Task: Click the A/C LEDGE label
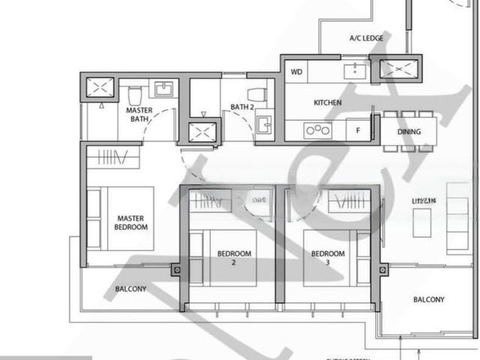click(x=366, y=38)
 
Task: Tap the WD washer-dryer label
click(x=296, y=73)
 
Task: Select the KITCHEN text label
click(x=328, y=103)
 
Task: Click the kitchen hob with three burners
click(x=317, y=130)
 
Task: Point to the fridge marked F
click(x=358, y=130)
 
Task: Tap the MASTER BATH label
click(x=139, y=115)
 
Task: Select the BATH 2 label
click(x=242, y=107)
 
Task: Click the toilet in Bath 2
click(x=257, y=94)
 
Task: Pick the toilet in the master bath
click(x=136, y=94)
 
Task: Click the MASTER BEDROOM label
click(x=131, y=222)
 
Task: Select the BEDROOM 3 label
click(x=328, y=258)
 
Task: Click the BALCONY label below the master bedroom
click(x=130, y=289)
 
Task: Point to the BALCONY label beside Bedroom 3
click(x=428, y=299)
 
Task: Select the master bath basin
click(x=163, y=89)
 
